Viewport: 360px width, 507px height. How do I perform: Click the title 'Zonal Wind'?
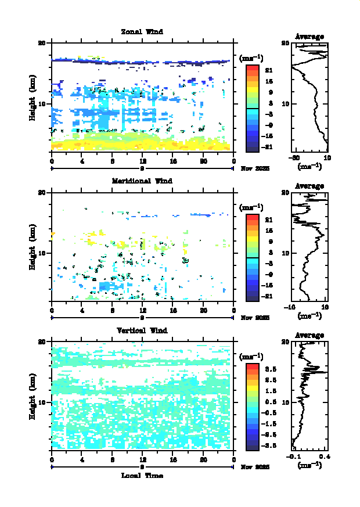coord(142,31)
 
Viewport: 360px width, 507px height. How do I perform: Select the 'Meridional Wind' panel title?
coord(142,181)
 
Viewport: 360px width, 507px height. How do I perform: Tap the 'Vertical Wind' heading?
coord(142,330)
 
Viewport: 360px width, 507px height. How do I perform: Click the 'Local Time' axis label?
coord(142,476)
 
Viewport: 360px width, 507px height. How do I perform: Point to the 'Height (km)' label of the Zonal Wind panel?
coord(33,97)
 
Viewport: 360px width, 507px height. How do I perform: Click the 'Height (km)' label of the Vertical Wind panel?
coord(33,396)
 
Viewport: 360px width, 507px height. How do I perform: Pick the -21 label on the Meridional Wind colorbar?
coord(268,296)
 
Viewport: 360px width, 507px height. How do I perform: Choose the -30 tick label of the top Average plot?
coord(296,159)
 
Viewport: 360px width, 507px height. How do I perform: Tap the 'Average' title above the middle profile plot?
coord(309,186)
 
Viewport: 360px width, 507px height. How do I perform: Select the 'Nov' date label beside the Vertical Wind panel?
coord(246,466)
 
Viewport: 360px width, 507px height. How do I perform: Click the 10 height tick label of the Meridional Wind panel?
coord(42,253)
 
